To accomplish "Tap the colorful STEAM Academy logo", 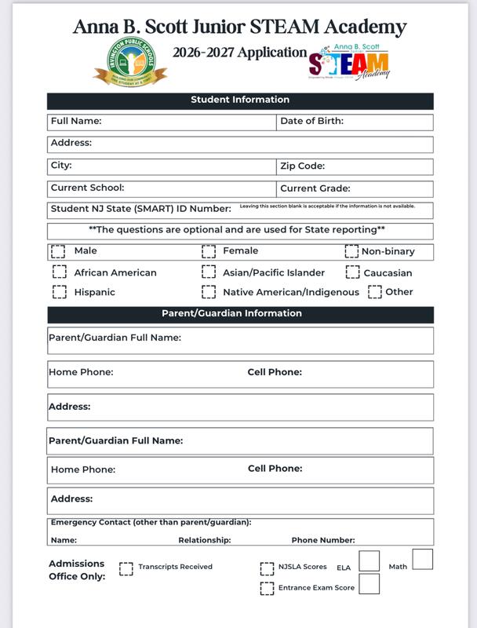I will coord(348,62).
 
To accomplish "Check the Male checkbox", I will coord(59,251).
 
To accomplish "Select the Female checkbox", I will coord(209,251).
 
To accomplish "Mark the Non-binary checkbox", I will coord(351,251).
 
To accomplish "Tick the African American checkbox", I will coord(60,272).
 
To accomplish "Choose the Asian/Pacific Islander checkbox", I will coord(209,272).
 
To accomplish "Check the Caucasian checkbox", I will coord(352,272).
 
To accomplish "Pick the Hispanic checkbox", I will coord(60,291).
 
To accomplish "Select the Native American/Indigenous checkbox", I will coord(209,291).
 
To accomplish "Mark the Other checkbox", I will coord(375,291).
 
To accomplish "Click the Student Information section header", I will coord(240,100).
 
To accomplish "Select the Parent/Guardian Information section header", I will coord(240,314).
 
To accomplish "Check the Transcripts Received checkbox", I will coord(126,568).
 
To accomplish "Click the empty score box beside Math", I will coord(422,560).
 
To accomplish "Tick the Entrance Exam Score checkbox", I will coord(267,588).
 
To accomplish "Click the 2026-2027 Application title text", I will coord(240,53).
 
